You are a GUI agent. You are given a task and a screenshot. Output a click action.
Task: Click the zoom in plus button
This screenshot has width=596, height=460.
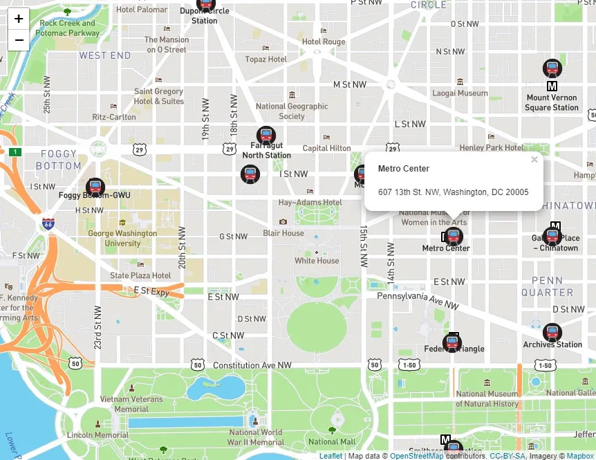[x=19, y=19]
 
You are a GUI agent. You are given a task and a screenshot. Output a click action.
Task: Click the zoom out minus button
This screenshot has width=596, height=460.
[x=19, y=40]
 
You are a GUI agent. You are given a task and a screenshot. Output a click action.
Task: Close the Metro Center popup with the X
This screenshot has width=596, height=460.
[x=534, y=160]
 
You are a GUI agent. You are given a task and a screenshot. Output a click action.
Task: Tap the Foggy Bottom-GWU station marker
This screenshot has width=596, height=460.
[x=95, y=187]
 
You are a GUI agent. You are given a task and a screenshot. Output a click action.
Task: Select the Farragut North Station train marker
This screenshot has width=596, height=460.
[x=266, y=136]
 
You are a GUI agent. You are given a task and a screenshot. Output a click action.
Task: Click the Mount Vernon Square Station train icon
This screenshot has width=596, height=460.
[x=552, y=68]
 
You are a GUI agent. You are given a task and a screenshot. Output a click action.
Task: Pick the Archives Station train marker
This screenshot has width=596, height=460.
[x=552, y=333]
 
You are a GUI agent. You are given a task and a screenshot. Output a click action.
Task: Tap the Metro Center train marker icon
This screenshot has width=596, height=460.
[x=454, y=237]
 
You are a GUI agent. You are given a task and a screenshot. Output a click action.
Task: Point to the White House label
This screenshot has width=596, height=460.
[x=317, y=261]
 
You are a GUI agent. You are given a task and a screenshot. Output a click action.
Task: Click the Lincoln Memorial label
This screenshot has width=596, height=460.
[x=97, y=435]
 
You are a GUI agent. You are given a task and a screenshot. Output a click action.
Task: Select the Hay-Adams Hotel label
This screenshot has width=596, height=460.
[x=310, y=203]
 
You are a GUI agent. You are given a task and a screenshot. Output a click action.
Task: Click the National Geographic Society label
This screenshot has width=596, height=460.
[x=292, y=111]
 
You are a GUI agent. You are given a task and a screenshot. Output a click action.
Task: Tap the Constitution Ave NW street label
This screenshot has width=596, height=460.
[x=252, y=365]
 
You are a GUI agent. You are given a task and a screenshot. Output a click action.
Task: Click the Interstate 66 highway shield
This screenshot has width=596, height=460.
[x=48, y=224]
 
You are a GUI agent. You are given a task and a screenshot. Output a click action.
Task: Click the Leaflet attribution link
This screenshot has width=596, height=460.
[x=330, y=456]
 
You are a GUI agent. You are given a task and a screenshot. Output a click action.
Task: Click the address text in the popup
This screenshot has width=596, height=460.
[x=453, y=192]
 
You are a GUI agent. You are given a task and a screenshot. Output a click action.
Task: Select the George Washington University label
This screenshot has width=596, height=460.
[x=122, y=238]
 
